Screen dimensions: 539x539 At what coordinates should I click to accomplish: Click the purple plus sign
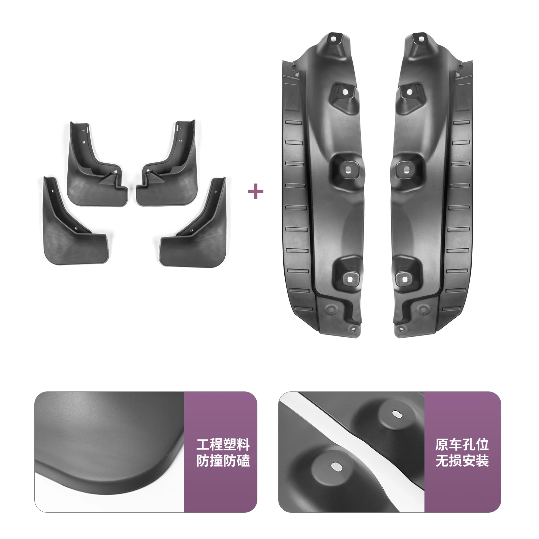tap(255, 192)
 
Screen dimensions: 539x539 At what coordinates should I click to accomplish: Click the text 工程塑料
tap(223, 445)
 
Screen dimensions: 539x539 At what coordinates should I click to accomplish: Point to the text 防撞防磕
tap(223, 461)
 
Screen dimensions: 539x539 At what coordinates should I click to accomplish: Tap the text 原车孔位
tap(462, 445)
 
